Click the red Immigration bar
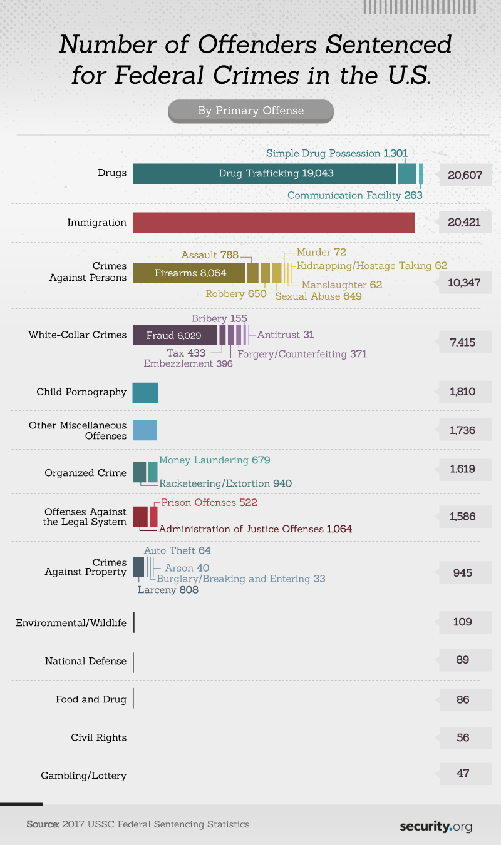pos(274,222)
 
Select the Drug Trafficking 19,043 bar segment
pos(264,173)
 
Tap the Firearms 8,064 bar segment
pos(189,273)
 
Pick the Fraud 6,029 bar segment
pos(175,335)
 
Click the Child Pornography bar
pos(145,392)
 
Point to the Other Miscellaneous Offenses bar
pos(145,430)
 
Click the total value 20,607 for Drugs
pos(465,175)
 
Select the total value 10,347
pos(464,283)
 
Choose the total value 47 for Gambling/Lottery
pos(463,773)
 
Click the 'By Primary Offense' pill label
pos(250,111)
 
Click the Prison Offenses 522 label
pos(209,502)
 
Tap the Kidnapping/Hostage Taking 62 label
pos(373,265)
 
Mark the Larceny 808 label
pos(168,589)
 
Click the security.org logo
pos(436,826)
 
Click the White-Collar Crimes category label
pos(78,335)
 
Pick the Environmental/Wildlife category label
pos(71,622)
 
